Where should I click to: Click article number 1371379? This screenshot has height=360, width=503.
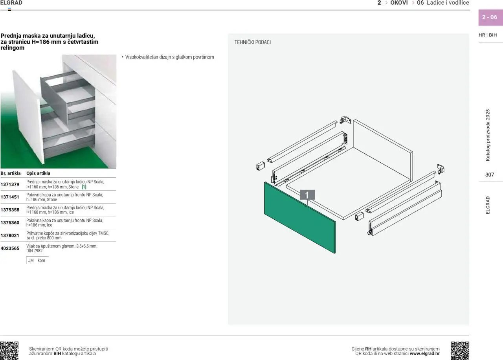click(10, 184)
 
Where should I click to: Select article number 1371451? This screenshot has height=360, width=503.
click(10, 197)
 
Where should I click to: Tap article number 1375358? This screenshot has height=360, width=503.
click(10, 210)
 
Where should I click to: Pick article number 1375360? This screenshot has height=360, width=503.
click(10, 223)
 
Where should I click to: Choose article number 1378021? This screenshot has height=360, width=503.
click(10, 235)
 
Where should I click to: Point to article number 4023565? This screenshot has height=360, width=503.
click(10, 248)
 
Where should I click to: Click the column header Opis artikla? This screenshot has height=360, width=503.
click(38, 173)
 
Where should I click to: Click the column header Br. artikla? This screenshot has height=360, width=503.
click(11, 173)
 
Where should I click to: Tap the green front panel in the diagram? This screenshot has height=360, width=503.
click(299, 218)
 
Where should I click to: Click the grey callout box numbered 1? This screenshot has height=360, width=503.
click(307, 195)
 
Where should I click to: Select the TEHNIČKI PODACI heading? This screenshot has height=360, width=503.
click(252, 42)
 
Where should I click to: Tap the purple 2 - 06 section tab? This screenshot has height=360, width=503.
click(490, 17)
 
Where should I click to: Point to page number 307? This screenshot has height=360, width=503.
click(490, 175)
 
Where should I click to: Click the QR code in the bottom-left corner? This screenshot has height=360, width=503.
click(9, 351)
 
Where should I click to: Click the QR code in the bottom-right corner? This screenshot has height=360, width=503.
click(460, 351)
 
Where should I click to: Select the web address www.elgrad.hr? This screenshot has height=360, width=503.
click(424, 354)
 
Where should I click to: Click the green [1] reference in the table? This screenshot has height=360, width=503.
click(84, 187)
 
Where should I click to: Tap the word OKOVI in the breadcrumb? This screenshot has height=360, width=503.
click(399, 3)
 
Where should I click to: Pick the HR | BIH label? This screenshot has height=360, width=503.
click(488, 35)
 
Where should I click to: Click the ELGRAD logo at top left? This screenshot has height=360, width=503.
click(11, 3)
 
